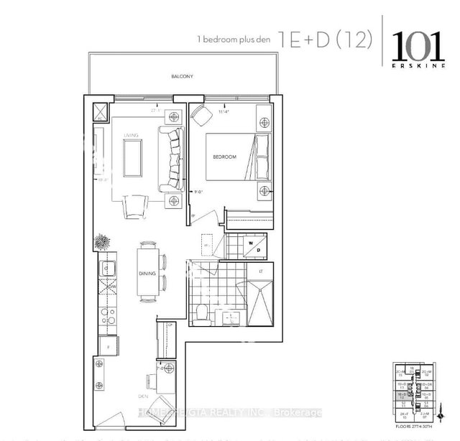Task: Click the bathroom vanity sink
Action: pyautogui.click(x=231, y=315)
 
